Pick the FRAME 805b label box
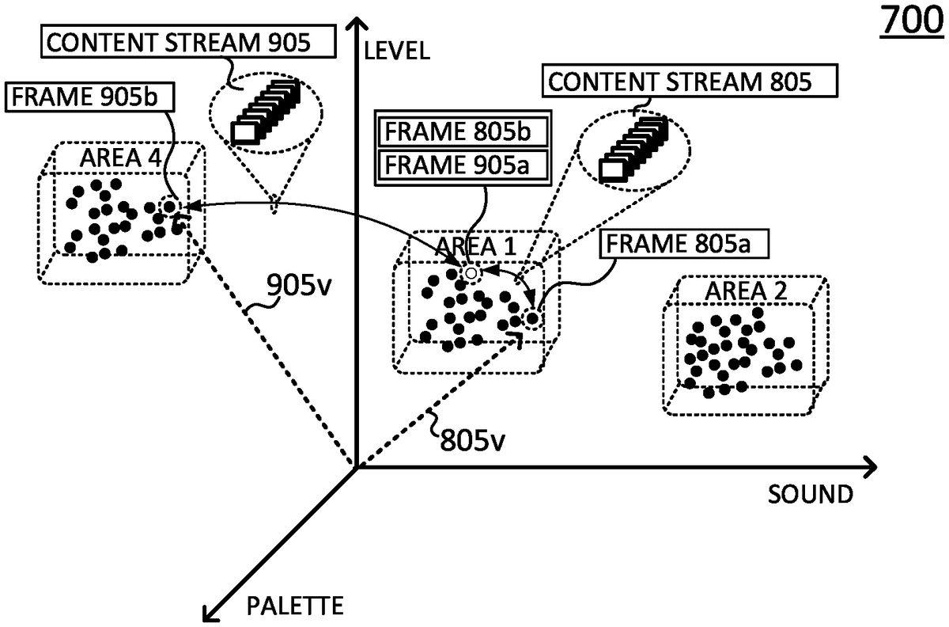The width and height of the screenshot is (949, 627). point(463,131)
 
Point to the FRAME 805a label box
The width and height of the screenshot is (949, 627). point(686,243)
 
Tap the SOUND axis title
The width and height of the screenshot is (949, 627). point(811,495)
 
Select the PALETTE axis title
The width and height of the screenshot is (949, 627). point(295,607)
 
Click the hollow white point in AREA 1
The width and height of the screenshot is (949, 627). point(471,274)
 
